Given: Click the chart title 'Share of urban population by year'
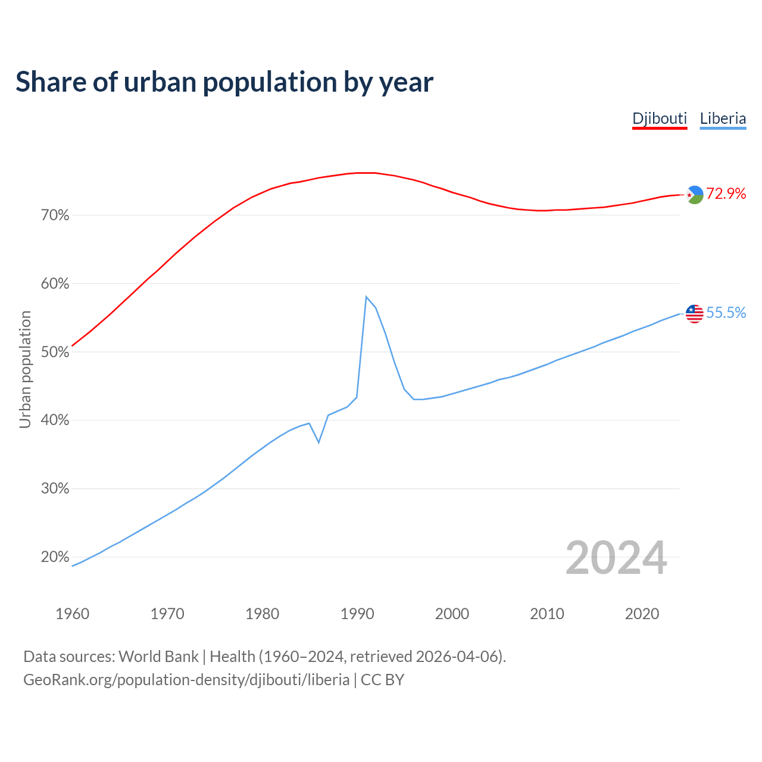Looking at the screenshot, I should [x=224, y=82].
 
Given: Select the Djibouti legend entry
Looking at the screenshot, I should [x=660, y=118].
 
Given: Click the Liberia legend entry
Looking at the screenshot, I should [x=723, y=118].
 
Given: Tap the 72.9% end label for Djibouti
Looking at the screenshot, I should [x=726, y=193].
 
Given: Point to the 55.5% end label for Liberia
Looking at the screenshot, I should [x=726, y=313].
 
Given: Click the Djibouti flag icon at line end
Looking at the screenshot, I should [x=695, y=195].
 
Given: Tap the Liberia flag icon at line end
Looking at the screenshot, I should [x=695, y=313].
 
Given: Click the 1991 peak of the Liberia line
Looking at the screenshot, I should [x=366, y=296].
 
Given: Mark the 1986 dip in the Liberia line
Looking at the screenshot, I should [x=319, y=442].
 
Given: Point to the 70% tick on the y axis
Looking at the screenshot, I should [x=55, y=216].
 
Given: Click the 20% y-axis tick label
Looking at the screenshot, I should [x=55, y=557].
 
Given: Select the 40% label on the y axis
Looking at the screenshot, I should [x=55, y=420].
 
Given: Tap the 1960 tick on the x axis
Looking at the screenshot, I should [x=73, y=614].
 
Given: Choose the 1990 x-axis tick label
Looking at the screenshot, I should [x=357, y=614].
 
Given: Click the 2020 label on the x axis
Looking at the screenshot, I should [x=642, y=614].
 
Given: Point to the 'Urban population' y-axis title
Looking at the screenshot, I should [x=25, y=369].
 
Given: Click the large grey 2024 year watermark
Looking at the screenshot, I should [x=616, y=558].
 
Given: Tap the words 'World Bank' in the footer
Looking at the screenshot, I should [x=158, y=657].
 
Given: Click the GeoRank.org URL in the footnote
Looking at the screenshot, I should [x=186, y=680].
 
